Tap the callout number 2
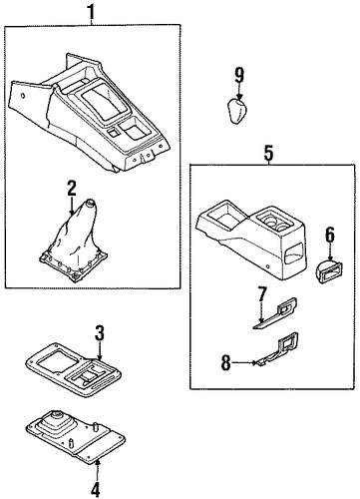point(72,189)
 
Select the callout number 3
point(100,333)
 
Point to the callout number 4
point(95,489)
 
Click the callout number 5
point(268,153)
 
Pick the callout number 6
point(329,234)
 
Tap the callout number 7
point(262,294)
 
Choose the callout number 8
point(225,363)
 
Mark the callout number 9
point(239,76)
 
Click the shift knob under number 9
point(237,111)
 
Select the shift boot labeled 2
point(74,242)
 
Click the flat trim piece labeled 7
point(276,313)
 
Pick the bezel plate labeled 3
point(73,369)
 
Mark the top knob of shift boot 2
point(90,203)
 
